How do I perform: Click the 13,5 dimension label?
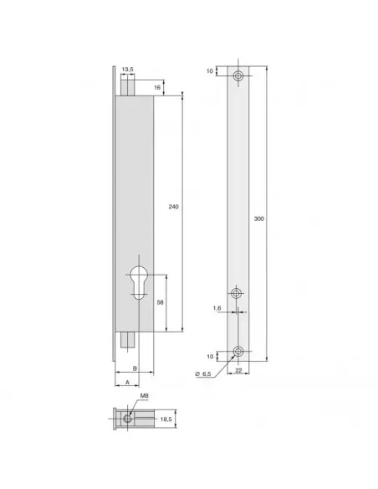click(127, 70)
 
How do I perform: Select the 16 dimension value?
click(157, 87)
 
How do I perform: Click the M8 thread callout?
click(145, 395)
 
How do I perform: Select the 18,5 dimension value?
click(166, 418)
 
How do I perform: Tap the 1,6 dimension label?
click(217, 307)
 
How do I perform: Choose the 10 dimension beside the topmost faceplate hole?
click(210, 71)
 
